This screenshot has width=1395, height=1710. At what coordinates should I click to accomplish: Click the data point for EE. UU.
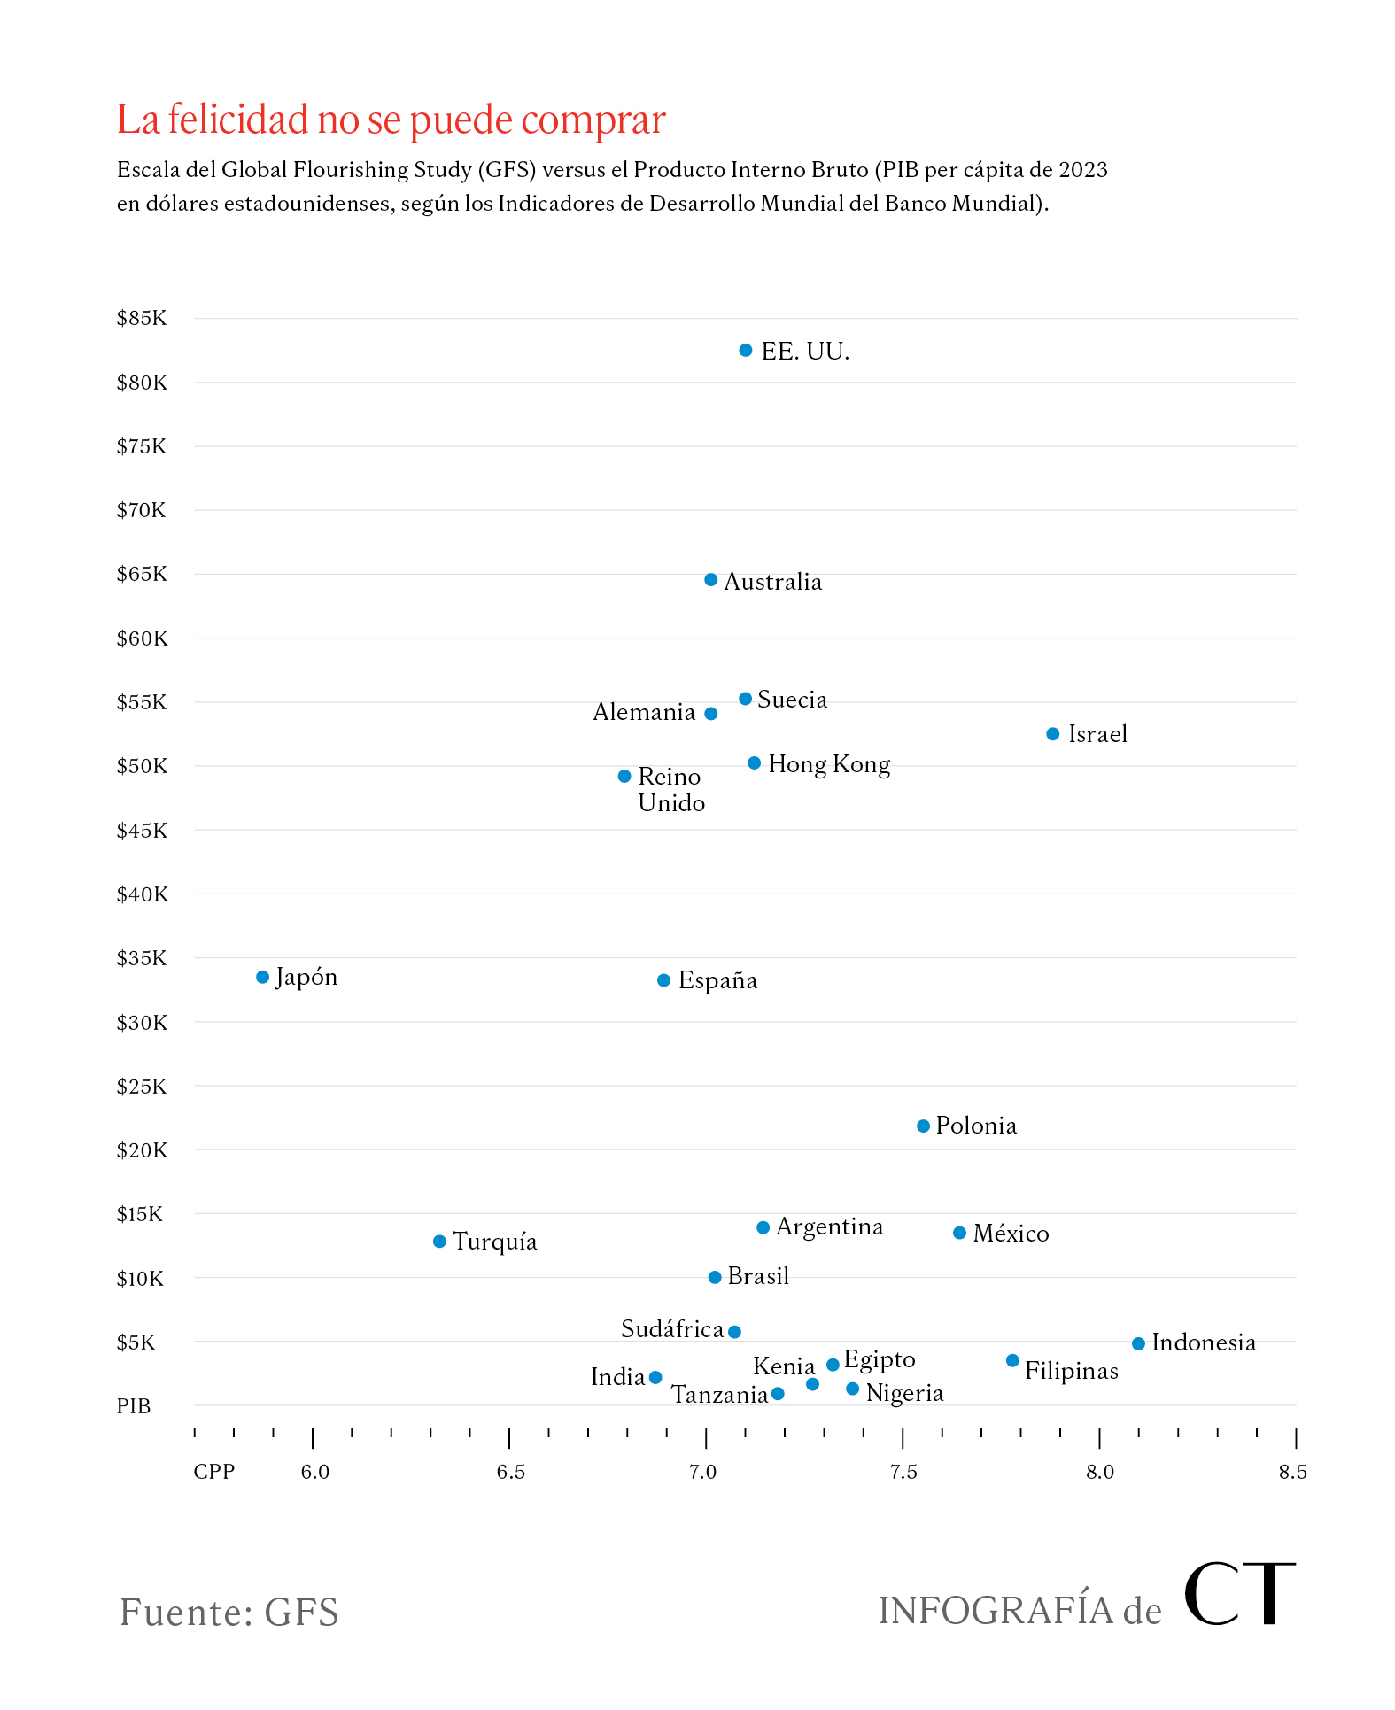(746, 351)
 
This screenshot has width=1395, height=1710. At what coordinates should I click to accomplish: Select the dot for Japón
(263, 978)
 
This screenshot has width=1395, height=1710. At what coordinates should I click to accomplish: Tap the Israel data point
(1053, 734)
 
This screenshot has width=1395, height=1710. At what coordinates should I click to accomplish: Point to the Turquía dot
(439, 1242)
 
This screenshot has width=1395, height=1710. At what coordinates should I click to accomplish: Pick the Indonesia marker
(1139, 1343)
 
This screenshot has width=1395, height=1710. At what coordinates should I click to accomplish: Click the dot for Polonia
(923, 1126)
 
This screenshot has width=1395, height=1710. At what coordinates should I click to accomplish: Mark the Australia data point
(711, 580)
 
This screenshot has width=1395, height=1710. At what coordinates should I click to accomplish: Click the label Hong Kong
(829, 764)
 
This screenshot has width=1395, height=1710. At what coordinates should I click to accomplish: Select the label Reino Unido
(671, 790)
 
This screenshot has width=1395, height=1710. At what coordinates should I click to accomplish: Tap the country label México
(1011, 1234)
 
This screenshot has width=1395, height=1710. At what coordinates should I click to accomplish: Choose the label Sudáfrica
(672, 1329)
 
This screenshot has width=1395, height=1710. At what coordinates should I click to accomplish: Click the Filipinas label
(1072, 1371)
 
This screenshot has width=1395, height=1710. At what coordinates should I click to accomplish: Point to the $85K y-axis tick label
(142, 318)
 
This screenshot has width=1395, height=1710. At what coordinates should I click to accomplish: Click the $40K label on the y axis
(142, 894)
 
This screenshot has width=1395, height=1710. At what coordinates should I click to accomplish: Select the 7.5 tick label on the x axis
(903, 1472)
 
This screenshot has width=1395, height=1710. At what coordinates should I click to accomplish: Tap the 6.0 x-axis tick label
(314, 1472)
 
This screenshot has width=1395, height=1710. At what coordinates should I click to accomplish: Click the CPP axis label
(214, 1472)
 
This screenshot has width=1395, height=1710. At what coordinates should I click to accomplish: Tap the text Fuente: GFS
(229, 1612)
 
